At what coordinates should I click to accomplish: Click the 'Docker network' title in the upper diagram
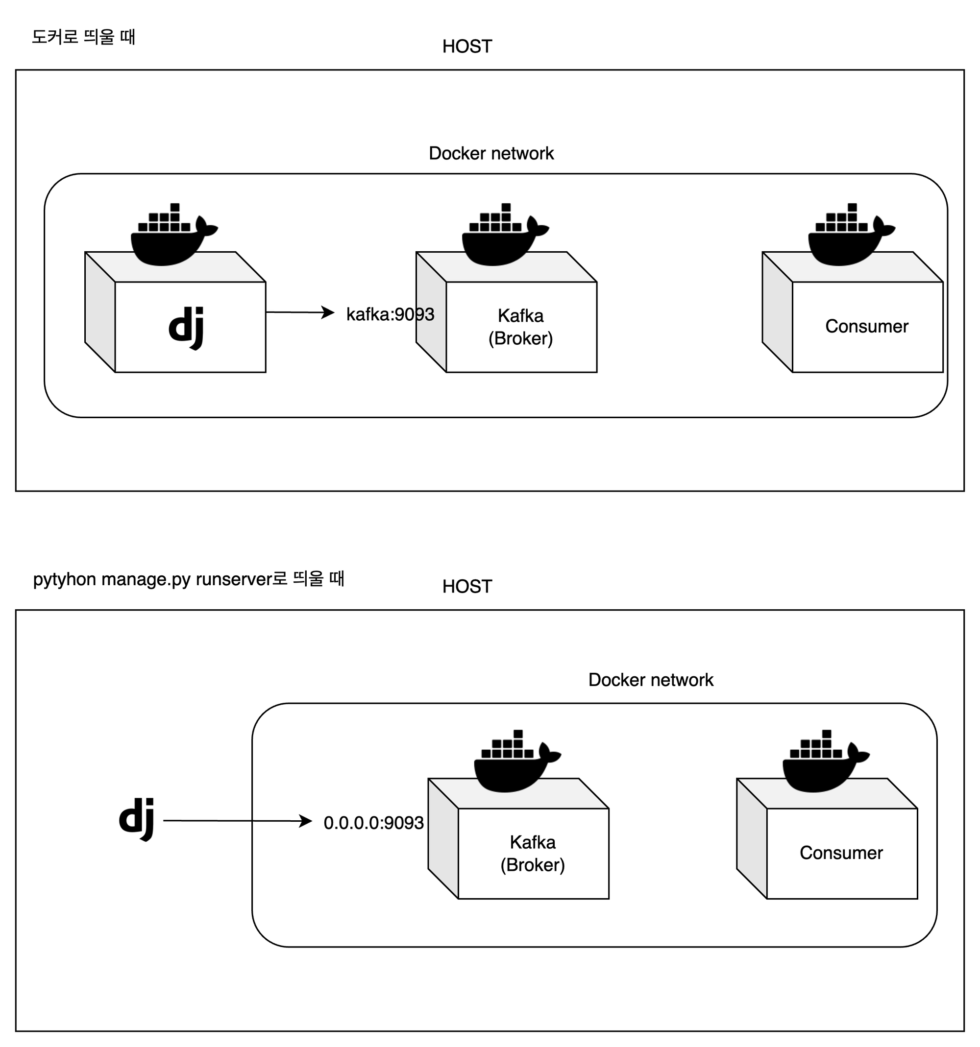[491, 153]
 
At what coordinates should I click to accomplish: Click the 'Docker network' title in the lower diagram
[651, 680]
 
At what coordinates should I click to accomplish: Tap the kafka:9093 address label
[390, 314]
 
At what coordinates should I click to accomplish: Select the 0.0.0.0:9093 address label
[373, 823]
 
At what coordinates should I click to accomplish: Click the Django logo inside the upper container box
[186, 328]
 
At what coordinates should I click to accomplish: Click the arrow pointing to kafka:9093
[300, 312]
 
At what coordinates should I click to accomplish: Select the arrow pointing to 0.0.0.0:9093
[238, 821]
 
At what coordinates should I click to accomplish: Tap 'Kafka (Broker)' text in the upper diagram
[520, 327]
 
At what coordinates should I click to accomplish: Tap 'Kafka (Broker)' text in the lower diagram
[533, 853]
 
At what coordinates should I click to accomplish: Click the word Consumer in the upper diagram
[867, 327]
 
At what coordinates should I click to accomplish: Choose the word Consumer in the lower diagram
[841, 853]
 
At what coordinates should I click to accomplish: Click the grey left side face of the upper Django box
[100, 312]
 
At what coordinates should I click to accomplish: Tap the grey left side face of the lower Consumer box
[751, 838]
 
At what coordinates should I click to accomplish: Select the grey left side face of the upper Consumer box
[777, 312]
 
